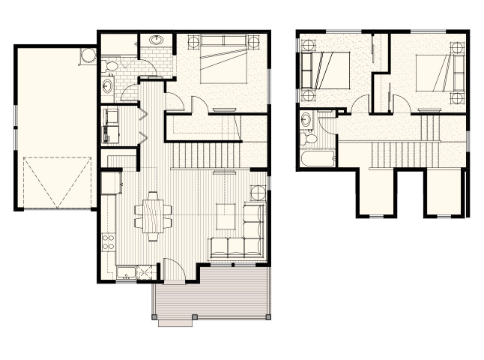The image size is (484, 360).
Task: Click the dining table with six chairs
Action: coord(152,216)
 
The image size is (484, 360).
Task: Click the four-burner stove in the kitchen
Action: coord(107,242)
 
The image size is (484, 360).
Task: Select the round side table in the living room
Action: coord(257,192)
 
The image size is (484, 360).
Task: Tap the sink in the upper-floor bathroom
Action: coord(307,119)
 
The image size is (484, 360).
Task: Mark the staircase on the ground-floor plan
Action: coord(206,155)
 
